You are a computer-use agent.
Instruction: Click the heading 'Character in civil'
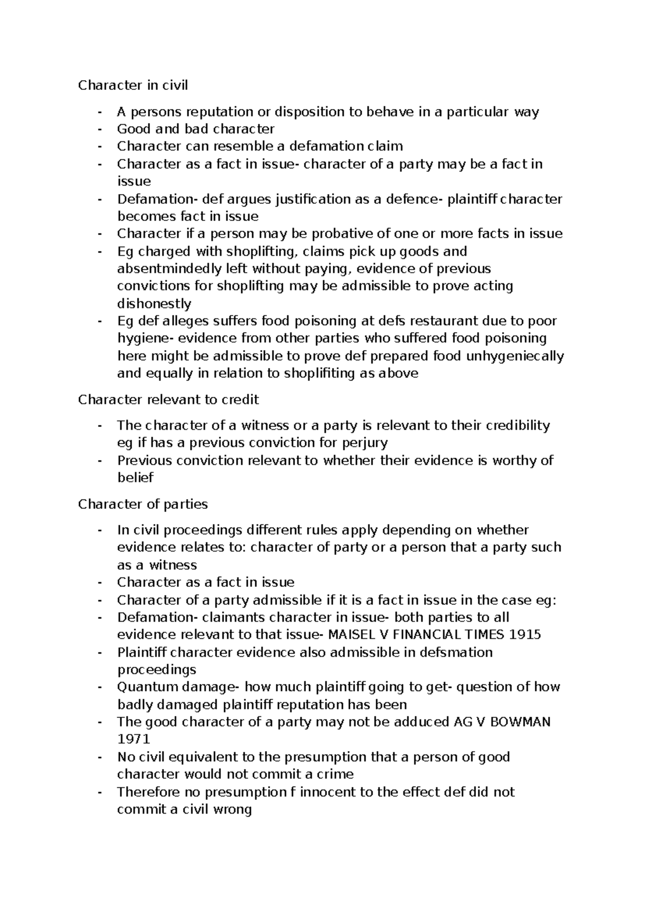133,85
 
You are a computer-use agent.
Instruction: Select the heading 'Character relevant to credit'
168,400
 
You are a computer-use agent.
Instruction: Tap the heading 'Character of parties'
143,504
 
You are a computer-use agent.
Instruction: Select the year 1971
133,739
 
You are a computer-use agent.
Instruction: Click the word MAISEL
350,635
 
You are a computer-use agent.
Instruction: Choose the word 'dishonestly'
154,304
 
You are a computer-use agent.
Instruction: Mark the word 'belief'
135,478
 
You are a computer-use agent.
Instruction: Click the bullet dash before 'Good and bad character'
100,130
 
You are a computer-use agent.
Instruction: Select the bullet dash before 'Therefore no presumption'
100,793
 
